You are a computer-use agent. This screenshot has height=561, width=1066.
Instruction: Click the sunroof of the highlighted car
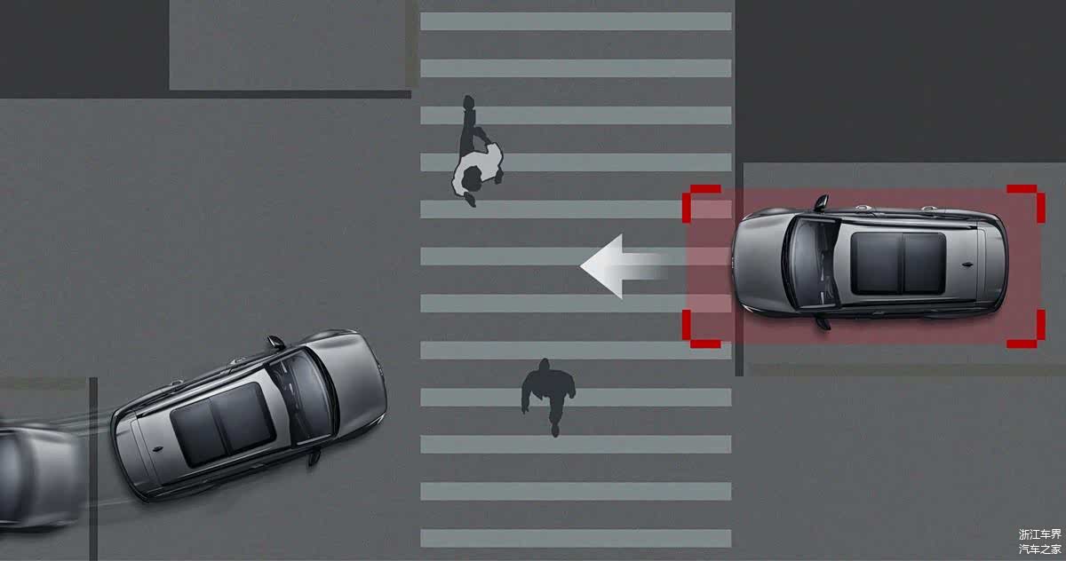[x=898, y=263]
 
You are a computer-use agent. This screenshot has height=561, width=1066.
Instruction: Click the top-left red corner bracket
[x=700, y=200]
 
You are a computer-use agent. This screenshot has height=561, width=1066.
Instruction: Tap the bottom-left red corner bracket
[x=700, y=331]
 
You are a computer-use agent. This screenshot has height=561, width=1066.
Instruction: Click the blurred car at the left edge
[x=41, y=476]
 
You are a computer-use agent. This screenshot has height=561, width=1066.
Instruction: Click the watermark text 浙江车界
[x=1040, y=533]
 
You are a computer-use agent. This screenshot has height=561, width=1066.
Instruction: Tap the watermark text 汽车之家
[x=1040, y=549]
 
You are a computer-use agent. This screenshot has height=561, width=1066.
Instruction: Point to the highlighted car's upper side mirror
[x=822, y=201]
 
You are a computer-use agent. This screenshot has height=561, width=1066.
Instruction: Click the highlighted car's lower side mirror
[x=823, y=323]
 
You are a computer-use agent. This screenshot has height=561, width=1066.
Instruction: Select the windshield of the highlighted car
[x=809, y=263]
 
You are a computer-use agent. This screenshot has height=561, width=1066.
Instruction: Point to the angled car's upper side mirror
[x=275, y=343]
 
